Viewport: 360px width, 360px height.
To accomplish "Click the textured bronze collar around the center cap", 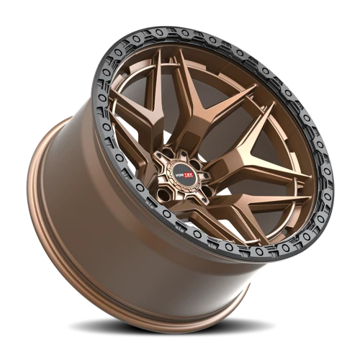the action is (184, 174).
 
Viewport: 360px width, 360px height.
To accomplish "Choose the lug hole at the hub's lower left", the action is (163, 194).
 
